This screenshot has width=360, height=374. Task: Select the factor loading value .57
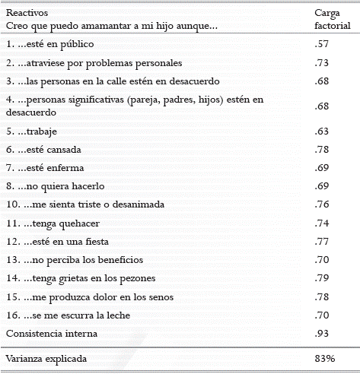point(321,45)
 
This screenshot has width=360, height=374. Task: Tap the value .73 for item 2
point(321,62)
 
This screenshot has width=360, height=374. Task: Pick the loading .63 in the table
point(321,130)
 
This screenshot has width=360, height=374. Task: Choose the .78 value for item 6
point(321,149)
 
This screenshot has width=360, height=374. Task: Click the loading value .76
point(321,204)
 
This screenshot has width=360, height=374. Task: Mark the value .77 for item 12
point(321,241)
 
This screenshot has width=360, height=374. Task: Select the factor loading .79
point(321,277)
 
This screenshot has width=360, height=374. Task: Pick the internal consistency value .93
point(321,333)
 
